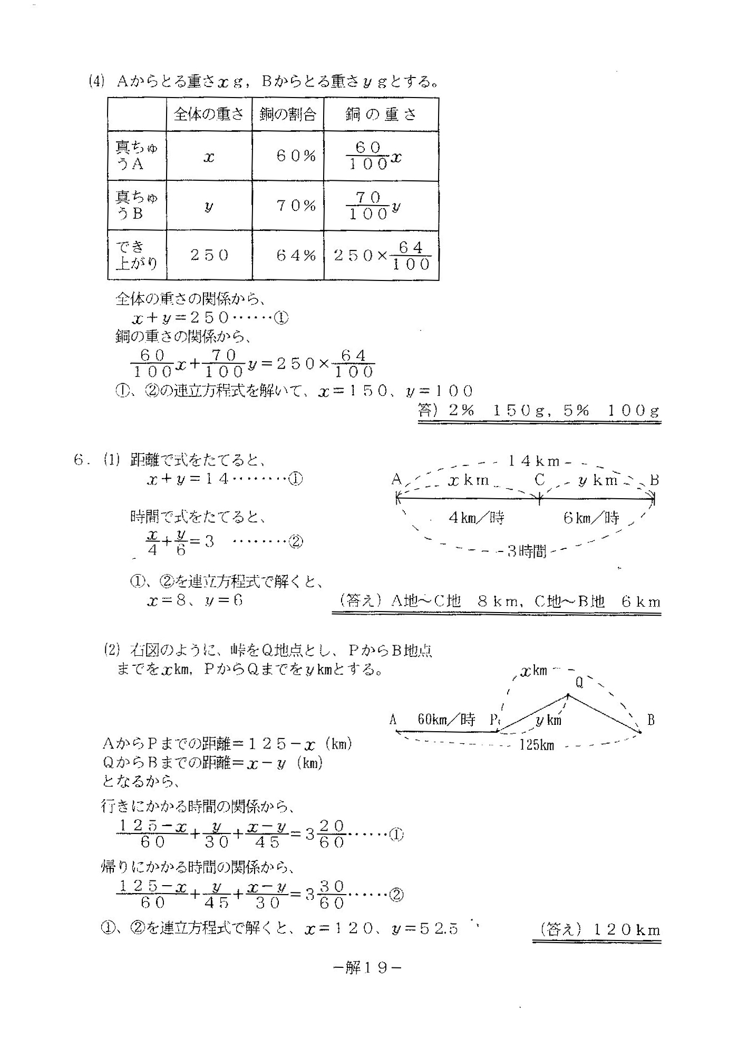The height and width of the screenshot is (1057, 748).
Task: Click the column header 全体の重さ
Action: (x=209, y=114)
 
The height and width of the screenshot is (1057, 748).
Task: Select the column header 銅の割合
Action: (x=288, y=114)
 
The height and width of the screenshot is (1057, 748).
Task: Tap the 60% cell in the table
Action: (x=296, y=156)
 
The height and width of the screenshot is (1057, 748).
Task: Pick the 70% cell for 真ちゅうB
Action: (x=296, y=206)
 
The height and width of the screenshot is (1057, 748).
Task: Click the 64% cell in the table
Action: (x=296, y=256)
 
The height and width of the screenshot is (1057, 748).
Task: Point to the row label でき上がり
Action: (x=137, y=256)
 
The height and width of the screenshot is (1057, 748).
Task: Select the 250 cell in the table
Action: (x=209, y=256)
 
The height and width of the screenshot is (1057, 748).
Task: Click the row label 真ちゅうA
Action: (x=137, y=156)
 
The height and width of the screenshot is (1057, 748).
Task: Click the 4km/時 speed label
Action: (x=476, y=518)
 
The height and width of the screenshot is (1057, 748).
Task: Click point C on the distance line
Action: (x=539, y=480)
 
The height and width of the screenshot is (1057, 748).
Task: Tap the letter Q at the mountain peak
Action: (x=579, y=683)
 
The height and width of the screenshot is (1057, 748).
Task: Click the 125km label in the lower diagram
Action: (x=537, y=745)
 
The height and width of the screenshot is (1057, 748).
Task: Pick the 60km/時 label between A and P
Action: (x=446, y=719)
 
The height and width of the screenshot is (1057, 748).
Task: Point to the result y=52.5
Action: (x=425, y=929)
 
